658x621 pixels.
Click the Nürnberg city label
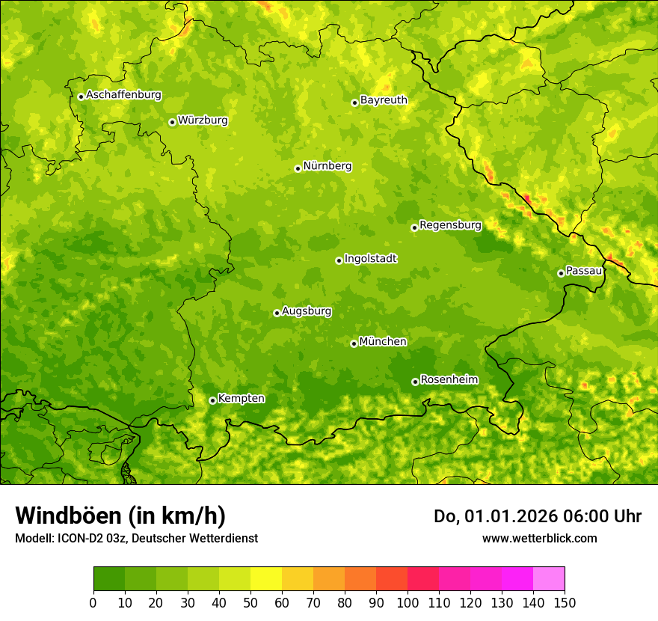pos(327,166)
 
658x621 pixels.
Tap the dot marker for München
pos(354,343)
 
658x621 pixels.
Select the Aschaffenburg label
pos(123,95)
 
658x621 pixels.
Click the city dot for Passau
pos(561,273)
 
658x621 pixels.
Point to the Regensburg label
pos(450,224)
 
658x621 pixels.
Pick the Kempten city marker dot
pos(212,400)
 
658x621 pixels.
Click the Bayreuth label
pos(384,100)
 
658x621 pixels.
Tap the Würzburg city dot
pos(172,122)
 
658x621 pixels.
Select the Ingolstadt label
pos(370,259)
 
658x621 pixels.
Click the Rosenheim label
pos(449,379)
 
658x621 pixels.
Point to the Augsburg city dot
pos(277,313)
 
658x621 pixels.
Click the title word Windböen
pos(67,516)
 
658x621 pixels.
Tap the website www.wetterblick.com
pos(539,538)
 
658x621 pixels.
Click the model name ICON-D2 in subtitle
pos(82,538)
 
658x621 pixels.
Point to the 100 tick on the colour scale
pos(407,602)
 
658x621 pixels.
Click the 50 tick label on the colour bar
pos(250,602)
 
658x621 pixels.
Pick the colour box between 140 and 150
pos(548,579)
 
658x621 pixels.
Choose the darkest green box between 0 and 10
pos(108,579)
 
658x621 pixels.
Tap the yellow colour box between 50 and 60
pos(265,579)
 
